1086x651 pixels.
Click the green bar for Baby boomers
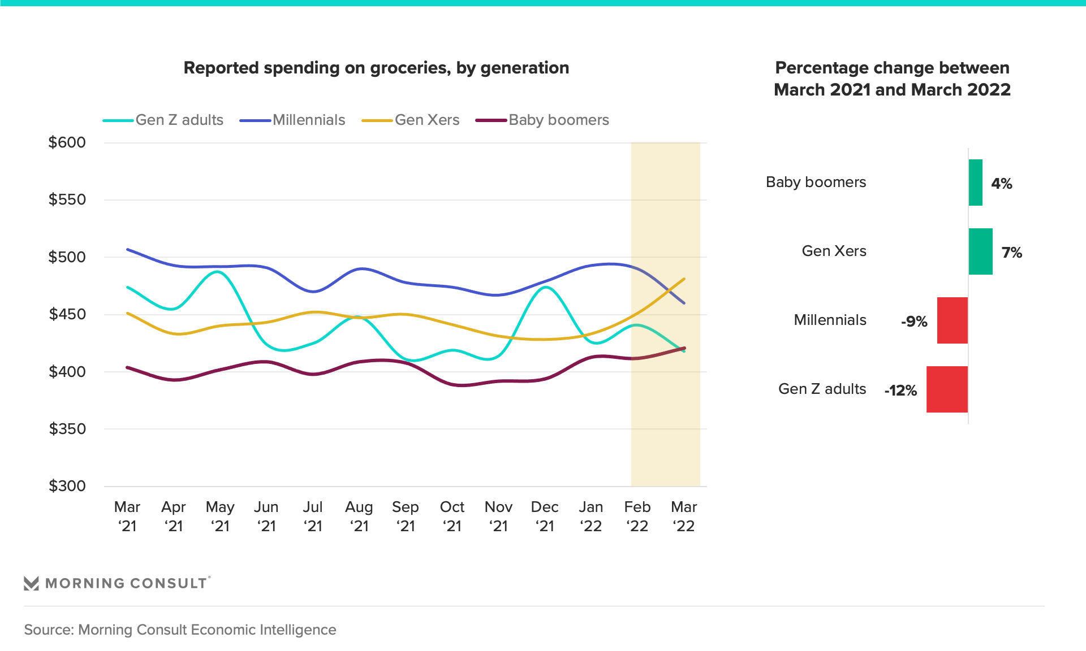975,183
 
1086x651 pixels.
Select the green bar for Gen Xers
980,251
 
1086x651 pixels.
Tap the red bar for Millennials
953,320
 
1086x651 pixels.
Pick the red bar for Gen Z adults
947,389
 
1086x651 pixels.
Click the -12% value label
900,390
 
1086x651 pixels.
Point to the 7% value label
1011,253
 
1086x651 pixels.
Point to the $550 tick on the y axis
67,199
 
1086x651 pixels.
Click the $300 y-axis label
67,486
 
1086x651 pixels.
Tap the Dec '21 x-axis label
544,516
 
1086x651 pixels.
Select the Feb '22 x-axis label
637,516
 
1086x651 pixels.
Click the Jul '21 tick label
312,516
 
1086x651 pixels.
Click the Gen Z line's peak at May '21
219,272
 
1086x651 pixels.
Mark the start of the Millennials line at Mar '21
128,249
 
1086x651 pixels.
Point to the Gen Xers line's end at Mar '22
684,279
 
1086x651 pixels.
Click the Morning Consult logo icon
31,583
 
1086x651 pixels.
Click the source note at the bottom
180,630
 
